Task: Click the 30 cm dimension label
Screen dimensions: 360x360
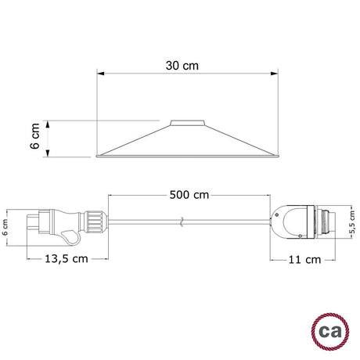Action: (x=182, y=66)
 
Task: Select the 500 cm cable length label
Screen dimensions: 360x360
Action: (x=189, y=195)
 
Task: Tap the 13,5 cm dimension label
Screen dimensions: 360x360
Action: (x=67, y=259)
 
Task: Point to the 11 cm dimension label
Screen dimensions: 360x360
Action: (x=304, y=260)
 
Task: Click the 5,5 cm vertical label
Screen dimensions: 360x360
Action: (x=352, y=221)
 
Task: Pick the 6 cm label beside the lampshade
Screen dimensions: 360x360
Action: (x=34, y=136)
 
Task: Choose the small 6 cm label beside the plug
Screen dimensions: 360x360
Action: (x=5, y=227)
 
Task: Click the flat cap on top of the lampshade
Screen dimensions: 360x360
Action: (x=187, y=123)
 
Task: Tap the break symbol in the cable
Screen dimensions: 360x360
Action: (x=182, y=221)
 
